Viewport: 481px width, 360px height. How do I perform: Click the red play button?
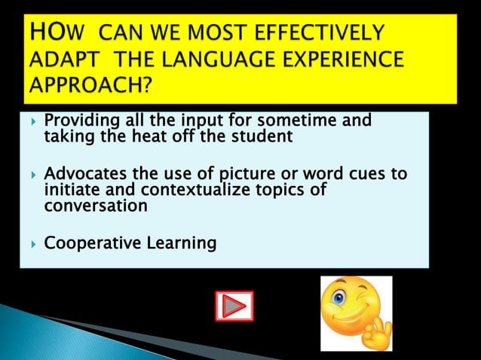[x=234, y=306]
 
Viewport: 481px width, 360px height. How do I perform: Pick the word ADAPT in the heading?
[x=57, y=61]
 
